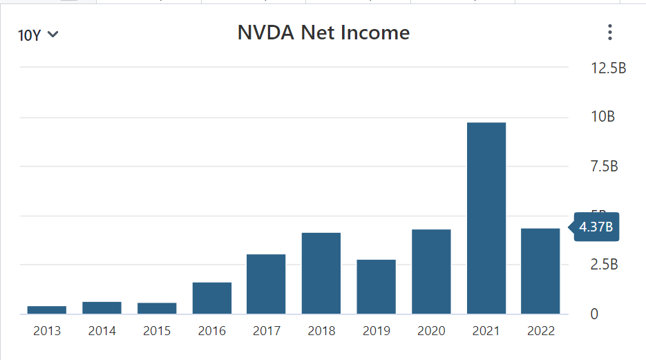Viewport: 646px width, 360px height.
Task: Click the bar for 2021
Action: click(x=486, y=218)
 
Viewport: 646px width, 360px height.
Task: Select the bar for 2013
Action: click(x=47, y=310)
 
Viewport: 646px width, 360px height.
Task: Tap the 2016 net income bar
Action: click(x=212, y=298)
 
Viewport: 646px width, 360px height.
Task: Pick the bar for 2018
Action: click(x=321, y=273)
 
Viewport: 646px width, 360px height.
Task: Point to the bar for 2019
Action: click(x=377, y=287)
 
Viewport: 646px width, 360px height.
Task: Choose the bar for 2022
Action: click(x=540, y=271)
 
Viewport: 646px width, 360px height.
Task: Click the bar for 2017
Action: click(x=266, y=284)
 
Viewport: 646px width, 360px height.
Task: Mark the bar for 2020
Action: click(x=431, y=272)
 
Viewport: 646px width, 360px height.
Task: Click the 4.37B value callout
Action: click(x=596, y=227)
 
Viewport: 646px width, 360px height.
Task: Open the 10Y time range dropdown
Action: click(x=38, y=35)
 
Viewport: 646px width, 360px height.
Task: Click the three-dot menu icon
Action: click(x=609, y=32)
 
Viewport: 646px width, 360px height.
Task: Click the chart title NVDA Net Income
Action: click(x=323, y=32)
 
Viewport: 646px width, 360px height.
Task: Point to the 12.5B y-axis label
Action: click(x=608, y=68)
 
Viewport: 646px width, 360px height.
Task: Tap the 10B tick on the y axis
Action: click(x=602, y=117)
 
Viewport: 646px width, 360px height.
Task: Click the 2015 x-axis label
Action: click(x=157, y=331)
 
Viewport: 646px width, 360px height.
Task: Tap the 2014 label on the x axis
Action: click(x=102, y=331)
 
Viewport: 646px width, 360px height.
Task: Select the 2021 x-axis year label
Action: click(x=486, y=331)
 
